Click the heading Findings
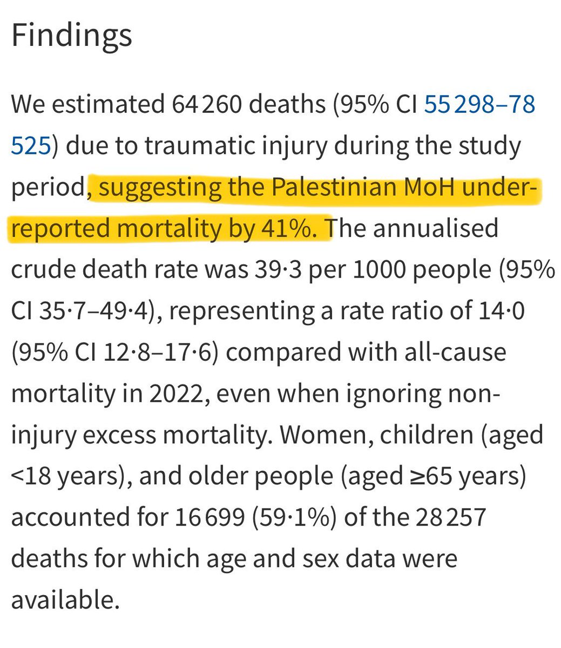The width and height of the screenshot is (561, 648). click(x=71, y=35)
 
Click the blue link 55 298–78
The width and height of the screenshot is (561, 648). click(x=479, y=104)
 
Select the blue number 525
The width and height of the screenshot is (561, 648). click(x=31, y=145)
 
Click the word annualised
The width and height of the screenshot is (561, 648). click(x=435, y=228)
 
